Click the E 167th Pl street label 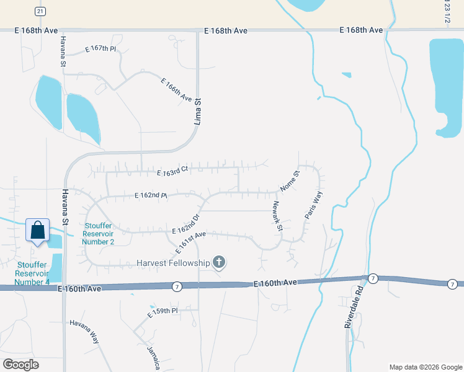point(101,49)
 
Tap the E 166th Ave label point(176,90)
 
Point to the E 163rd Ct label point(172,174)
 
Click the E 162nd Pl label point(151,196)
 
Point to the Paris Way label point(314,205)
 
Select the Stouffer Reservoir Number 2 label point(99,234)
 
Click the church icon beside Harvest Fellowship point(218,263)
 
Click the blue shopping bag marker point(38,231)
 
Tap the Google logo point(20,364)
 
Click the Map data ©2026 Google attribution point(425,367)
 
